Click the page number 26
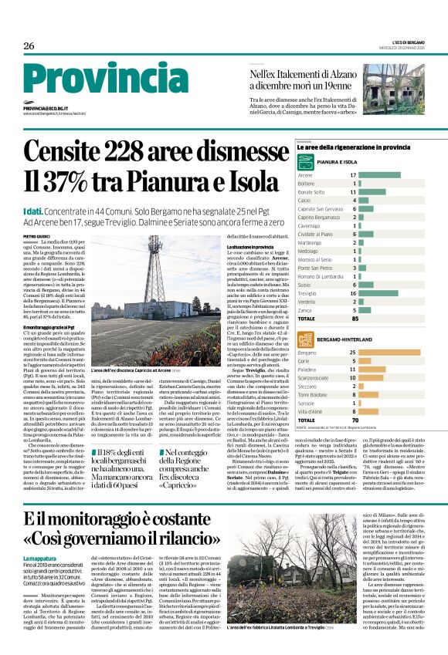tap(29, 46)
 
